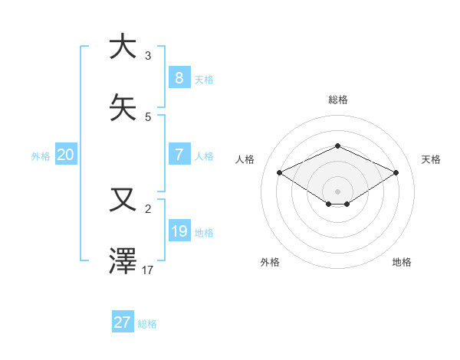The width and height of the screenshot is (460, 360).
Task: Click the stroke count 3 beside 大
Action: (148, 56)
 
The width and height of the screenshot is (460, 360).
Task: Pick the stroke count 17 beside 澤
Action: (149, 270)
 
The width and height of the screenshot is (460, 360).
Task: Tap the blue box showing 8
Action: (179, 77)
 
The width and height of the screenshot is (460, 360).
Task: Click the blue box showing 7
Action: (179, 155)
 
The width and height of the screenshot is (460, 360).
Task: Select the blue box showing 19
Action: (179, 231)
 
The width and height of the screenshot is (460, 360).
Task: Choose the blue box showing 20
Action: (65, 155)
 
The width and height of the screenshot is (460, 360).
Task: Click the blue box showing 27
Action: (122, 322)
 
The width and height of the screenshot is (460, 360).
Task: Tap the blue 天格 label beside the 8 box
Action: (204, 79)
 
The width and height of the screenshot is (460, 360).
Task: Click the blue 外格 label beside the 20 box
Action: (41, 156)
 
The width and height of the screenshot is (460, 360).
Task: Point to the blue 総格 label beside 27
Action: (147, 324)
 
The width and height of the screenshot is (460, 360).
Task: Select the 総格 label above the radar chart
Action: (337, 100)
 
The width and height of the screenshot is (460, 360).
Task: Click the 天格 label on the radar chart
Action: (431, 159)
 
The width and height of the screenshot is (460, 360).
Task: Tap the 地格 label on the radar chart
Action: (402, 262)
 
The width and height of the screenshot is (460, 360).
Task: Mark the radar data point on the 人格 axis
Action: (279, 172)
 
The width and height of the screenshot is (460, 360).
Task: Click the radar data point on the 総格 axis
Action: (337, 146)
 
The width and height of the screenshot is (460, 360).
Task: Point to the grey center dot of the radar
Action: (337, 191)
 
